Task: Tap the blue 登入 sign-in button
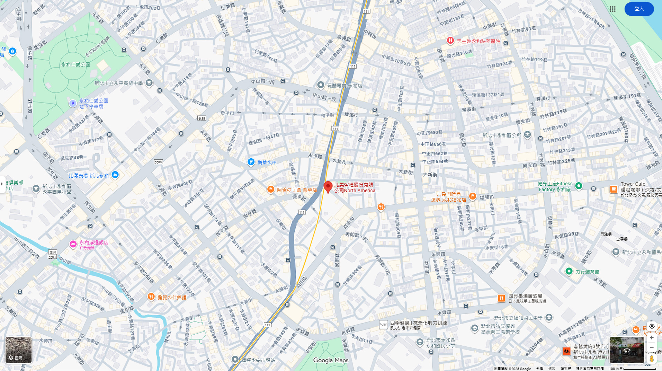(x=639, y=9)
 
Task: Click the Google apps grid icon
(x=612, y=9)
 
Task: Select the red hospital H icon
(x=450, y=41)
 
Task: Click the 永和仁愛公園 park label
(x=75, y=64)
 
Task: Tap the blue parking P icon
(x=73, y=104)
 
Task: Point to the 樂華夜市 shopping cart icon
(x=251, y=162)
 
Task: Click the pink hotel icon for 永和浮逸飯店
(x=73, y=244)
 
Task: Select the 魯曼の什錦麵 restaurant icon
(x=151, y=297)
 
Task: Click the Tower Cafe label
(x=633, y=184)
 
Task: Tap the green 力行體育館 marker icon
(x=569, y=272)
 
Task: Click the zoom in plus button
(x=652, y=337)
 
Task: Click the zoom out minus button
(x=652, y=347)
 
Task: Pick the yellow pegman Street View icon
(x=652, y=359)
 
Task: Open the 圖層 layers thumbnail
(x=19, y=350)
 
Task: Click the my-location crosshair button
(x=652, y=326)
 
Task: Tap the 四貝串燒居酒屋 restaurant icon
(x=501, y=298)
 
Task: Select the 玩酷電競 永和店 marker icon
(x=321, y=85)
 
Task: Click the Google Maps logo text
(x=331, y=360)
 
